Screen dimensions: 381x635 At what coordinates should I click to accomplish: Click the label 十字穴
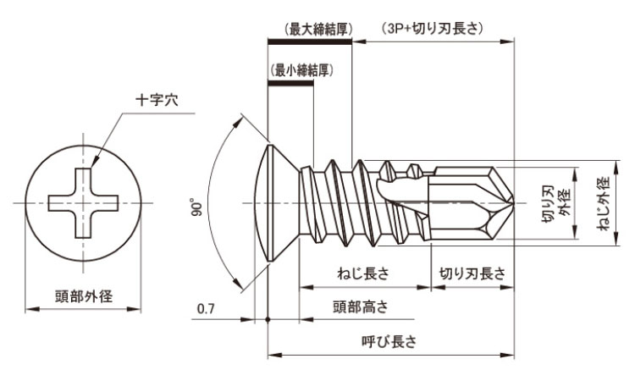[157, 99]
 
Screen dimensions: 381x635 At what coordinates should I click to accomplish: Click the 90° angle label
[196, 206]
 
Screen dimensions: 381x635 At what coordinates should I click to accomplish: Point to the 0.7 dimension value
[205, 309]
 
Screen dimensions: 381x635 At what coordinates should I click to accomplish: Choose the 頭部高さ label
[363, 306]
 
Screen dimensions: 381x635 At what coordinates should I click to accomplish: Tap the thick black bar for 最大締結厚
[310, 40]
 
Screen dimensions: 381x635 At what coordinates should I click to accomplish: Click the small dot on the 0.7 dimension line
[268, 320]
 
